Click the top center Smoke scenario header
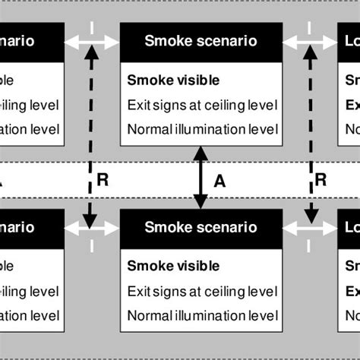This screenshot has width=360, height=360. click(201, 41)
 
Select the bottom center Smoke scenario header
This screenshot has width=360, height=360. click(201, 227)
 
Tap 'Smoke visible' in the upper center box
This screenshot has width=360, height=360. click(173, 80)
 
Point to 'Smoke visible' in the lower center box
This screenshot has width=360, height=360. click(173, 266)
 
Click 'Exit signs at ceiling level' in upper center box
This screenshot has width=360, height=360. click(201, 104)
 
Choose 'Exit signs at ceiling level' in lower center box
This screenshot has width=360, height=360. click(201, 290)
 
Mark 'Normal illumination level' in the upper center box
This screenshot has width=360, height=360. click(201, 128)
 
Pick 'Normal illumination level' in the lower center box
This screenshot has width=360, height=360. click(201, 314)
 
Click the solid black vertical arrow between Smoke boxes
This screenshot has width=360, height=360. click(201, 178)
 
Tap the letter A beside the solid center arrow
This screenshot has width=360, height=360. click(219, 181)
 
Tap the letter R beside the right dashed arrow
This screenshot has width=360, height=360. click(321, 179)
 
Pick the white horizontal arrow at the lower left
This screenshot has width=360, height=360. click(90, 226)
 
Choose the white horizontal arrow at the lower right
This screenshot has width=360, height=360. click(311, 226)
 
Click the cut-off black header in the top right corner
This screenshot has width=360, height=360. click(349, 41)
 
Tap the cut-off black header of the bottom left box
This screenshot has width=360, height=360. click(30, 227)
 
